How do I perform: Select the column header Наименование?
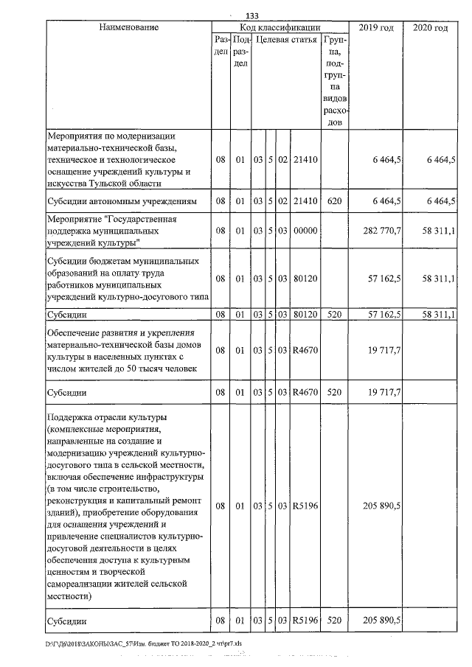[x=128, y=27]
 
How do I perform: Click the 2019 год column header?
[x=375, y=27]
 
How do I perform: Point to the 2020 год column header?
[x=431, y=27]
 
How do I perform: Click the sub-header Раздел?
[x=220, y=46]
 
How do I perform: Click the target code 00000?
[x=305, y=231]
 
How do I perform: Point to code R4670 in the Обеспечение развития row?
[x=305, y=350]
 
